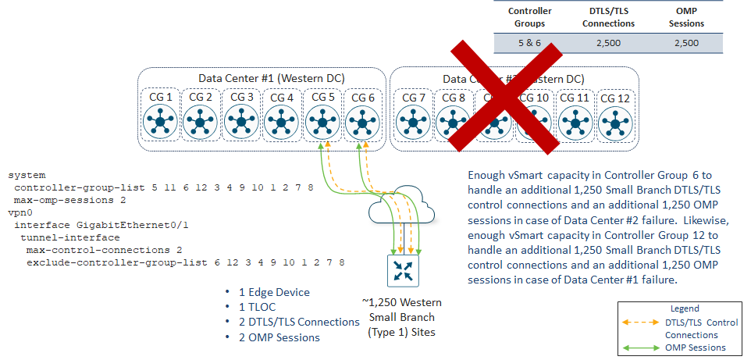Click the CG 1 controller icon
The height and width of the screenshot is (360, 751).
pos(161,123)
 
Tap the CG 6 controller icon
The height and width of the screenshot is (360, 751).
pos(360,123)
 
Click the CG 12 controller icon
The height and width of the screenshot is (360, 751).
pos(615,123)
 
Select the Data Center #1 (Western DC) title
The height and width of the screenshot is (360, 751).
pos(260,78)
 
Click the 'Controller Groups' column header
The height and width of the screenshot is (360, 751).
pos(530,17)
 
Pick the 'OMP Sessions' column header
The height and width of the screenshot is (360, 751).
pos(686,17)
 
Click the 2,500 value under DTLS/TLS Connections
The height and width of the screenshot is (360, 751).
pos(608,43)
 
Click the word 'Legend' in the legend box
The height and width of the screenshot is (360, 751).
pos(685,308)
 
